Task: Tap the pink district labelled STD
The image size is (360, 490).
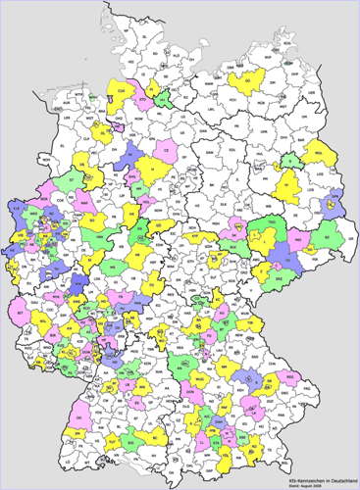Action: click(144, 100)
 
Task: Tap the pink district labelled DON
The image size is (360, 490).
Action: click(197, 395)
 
